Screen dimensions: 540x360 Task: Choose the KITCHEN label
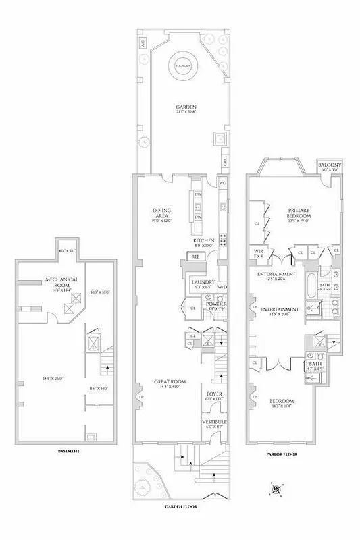pos(204,241)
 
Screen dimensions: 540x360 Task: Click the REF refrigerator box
pos(195,256)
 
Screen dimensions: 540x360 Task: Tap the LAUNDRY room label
pos(203,282)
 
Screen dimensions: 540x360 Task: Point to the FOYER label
pos(214,394)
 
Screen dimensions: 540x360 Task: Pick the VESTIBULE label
pos(214,421)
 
